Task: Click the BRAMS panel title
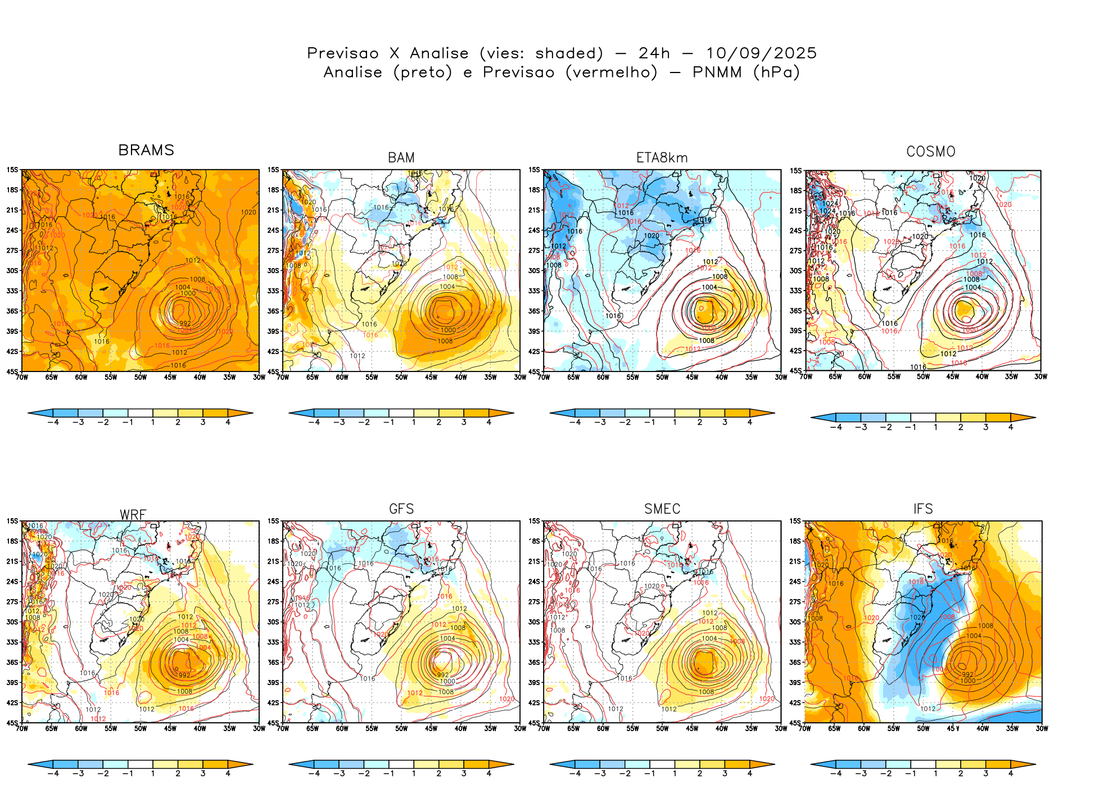146,150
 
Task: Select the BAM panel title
401,158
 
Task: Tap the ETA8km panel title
662,158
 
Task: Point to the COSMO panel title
931,152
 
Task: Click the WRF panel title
133,515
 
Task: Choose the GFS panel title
401,509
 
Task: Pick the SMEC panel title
662,509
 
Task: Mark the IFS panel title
923,509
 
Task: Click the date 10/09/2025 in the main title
761,53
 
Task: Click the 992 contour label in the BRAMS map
185,323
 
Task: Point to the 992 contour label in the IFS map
967,674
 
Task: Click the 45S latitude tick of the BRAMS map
12,371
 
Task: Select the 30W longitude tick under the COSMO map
1040,377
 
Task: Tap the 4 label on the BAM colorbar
488,422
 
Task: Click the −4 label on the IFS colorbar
836,774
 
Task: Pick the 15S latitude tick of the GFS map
273,521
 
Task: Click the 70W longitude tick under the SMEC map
544,728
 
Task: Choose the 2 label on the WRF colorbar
178,774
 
